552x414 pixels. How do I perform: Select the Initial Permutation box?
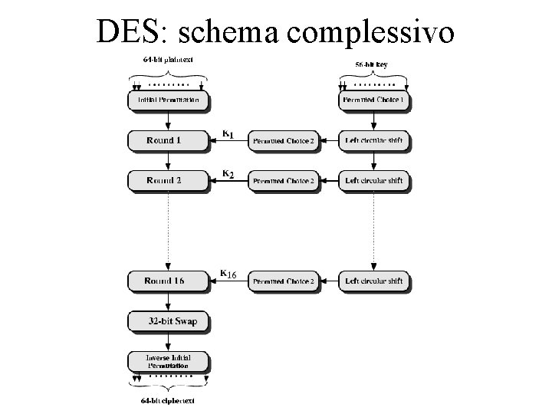168,100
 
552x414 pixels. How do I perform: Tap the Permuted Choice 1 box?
373,100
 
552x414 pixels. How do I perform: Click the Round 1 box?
168,140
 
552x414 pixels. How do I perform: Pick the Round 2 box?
168,181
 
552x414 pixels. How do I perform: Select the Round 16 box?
168,281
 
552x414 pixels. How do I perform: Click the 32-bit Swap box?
168,321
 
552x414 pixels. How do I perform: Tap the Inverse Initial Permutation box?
168,361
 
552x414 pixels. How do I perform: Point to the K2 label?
228,176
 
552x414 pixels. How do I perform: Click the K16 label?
228,274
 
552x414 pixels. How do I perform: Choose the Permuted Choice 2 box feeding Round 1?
283,141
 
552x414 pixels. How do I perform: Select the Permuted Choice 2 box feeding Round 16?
283,281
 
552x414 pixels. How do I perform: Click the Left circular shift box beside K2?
373,181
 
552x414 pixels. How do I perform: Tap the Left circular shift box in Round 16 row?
373,281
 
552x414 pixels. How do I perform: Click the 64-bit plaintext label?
168,61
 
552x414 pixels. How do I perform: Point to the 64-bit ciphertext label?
168,400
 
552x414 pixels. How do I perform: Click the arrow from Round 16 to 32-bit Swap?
168,301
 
